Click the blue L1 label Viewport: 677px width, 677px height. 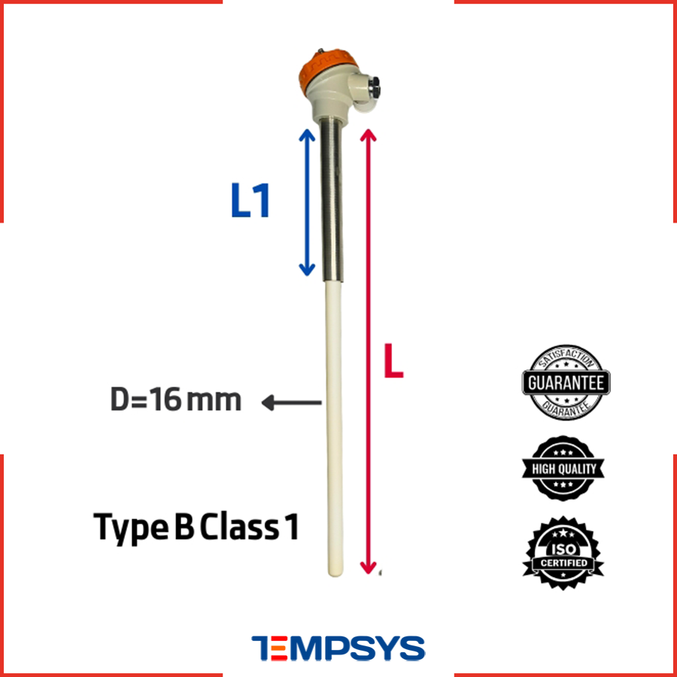250,200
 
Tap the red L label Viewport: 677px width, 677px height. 393,361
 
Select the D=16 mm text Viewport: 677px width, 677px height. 176,399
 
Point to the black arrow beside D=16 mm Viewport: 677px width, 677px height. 291,402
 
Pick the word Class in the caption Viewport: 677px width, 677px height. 239,527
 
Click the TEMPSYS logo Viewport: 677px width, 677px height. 338,648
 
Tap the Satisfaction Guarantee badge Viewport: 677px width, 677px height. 566,383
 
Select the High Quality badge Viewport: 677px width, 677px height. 563,469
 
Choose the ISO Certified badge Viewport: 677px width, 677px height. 563,553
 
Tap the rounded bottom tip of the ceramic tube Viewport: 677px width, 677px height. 335,571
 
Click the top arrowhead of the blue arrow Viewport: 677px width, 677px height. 307,133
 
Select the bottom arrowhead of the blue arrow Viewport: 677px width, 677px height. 307,271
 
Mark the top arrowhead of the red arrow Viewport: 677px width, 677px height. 368,134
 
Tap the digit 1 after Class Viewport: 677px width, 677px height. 292,527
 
